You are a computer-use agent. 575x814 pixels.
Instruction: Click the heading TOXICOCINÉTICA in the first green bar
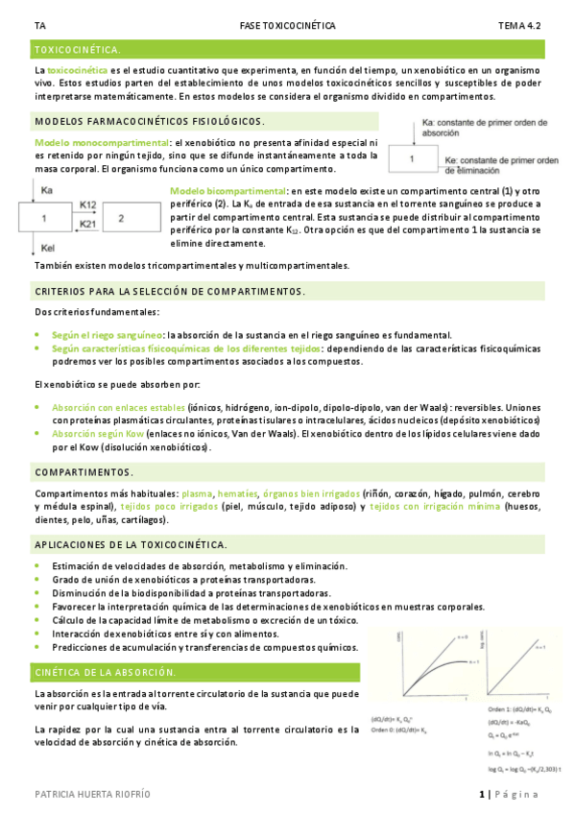tap(77, 48)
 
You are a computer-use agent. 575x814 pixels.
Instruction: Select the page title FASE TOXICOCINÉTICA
tap(287, 26)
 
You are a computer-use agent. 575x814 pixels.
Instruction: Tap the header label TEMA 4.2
tap(518, 26)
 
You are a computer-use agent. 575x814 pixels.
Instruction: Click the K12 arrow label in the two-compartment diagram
tap(87, 204)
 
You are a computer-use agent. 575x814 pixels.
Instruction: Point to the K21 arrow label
tap(87, 224)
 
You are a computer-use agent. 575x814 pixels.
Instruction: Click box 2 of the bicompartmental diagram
tap(121, 219)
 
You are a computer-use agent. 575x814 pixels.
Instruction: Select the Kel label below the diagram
tap(48, 247)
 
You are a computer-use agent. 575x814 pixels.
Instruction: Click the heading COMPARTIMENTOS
tap(84, 472)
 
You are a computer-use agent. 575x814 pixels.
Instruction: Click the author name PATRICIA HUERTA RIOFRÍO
tap(92, 795)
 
